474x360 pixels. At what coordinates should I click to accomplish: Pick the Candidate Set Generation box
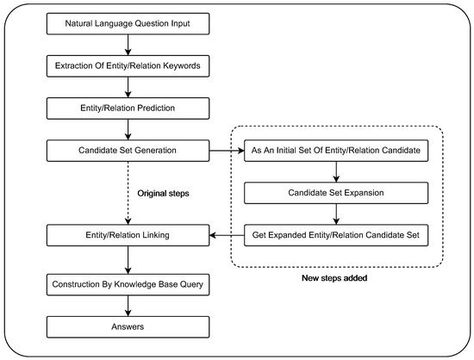click(128, 152)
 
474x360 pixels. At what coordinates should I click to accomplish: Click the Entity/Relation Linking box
click(128, 233)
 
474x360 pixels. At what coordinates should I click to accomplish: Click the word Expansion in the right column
click(361, 193)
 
